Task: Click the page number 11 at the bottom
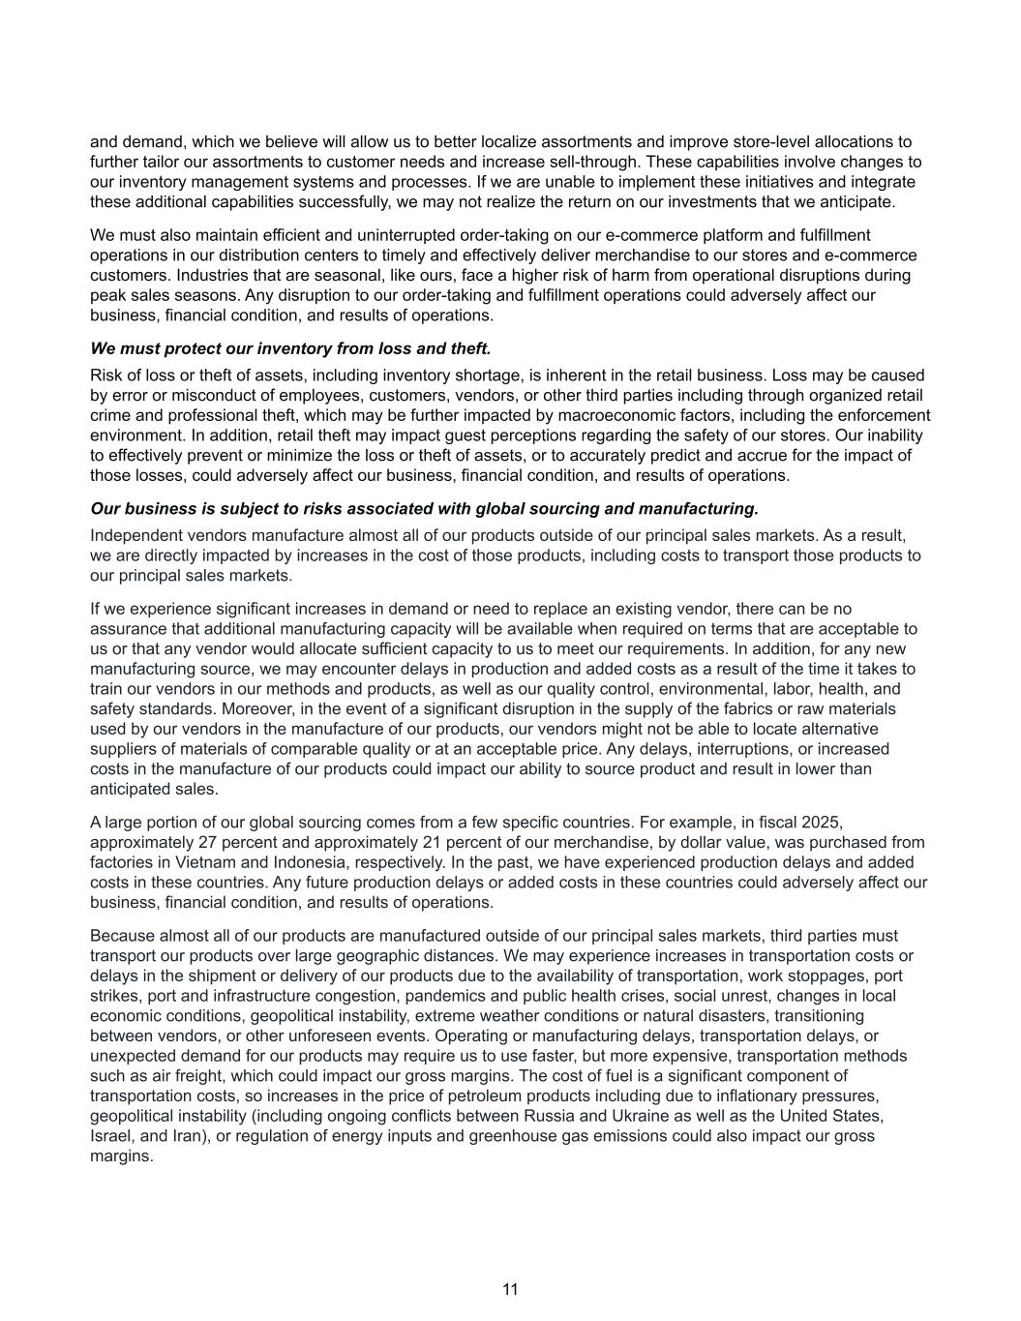point(510,1289)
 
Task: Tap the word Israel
point(111,1136)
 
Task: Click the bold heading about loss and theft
point(290,348)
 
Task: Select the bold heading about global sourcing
point(424,509)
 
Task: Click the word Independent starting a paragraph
point(136,536)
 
